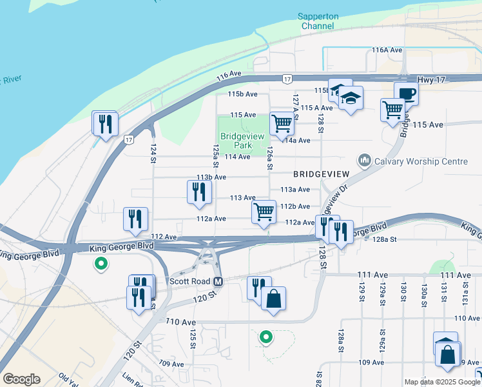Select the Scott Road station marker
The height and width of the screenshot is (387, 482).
click(x=218, y=282)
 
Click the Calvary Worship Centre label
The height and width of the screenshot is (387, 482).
click(x=421, y=161)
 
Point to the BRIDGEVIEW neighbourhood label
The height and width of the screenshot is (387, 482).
click(x=321, y=175)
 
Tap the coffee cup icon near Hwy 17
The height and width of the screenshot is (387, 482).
click(x=406, y=94)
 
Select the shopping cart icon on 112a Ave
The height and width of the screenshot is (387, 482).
click(x=263, y=211)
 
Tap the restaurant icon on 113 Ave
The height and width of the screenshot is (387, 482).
click(x=199, y=192)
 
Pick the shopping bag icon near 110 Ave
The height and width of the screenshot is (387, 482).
click(x=273, y=299)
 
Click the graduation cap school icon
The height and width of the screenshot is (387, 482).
click(x=351, y=98)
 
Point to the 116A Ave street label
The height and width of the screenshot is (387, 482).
click(x=387, y=50)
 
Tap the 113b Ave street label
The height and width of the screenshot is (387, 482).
click(x=211, y=177)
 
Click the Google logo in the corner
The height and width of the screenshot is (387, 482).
click(x=21, y=379)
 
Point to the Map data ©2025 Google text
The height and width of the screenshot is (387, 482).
click(x=442, y=382)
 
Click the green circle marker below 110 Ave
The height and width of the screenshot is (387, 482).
click(x=264, y=336)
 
